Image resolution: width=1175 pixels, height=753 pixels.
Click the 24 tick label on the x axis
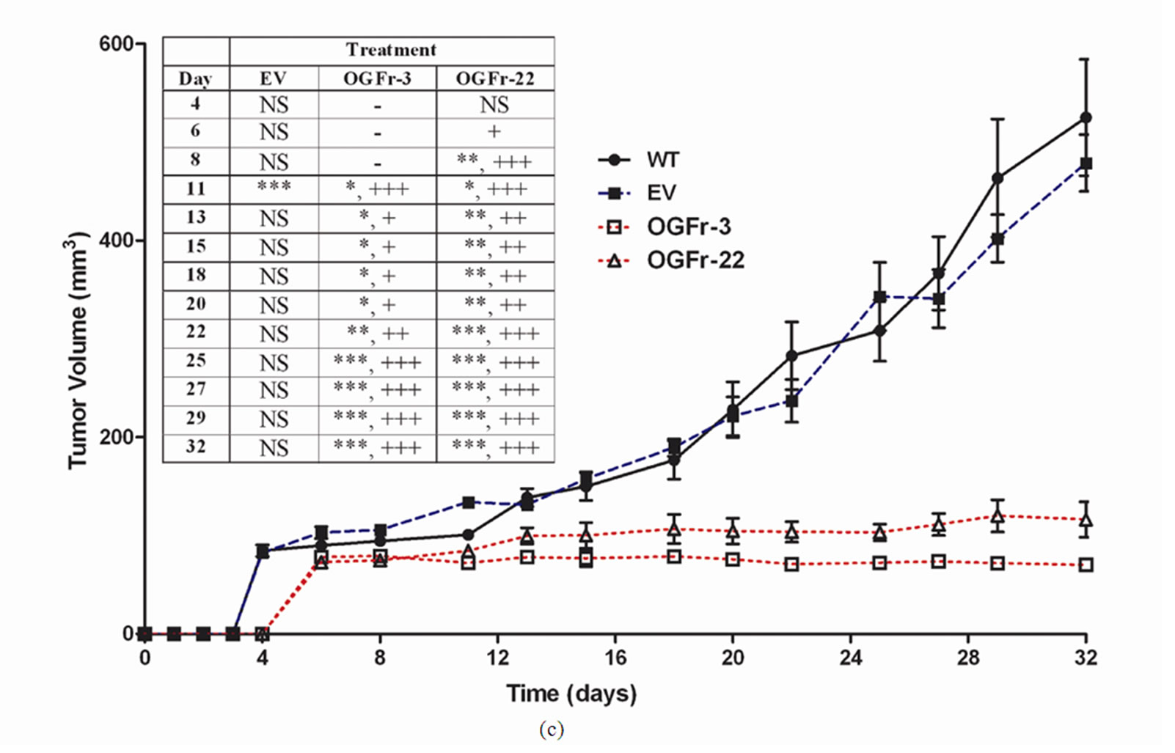(x=851, y=658)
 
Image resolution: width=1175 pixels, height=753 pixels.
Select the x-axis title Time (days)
(x=571, y=693)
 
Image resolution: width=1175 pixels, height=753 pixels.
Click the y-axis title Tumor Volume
(x=78, y=350)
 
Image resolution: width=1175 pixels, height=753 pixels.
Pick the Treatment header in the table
(x=391, y=50)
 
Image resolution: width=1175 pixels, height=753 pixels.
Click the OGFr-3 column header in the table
(x=377, y=78)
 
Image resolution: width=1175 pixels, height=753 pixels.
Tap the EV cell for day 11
(x=274, y=187)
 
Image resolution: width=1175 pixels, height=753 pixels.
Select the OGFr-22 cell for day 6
(x=494, y=131)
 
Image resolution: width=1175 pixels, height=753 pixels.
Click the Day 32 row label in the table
(x=195, y=447)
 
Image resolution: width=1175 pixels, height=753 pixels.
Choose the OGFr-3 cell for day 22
(x=377, y=333)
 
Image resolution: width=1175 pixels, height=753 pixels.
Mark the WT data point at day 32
(x=1086, y=117)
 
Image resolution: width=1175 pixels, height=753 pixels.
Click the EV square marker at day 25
(x=880, y=297)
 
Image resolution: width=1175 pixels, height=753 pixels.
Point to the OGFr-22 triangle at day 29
(x=998, y=516)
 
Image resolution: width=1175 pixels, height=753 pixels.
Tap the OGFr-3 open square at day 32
(x=1086, y=565)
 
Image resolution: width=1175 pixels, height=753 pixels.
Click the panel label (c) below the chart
(x=551, y=730)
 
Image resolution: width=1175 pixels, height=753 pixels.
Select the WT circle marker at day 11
(x=468, y=535)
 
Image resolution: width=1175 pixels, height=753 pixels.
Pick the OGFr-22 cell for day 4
(x=494, y=105)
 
